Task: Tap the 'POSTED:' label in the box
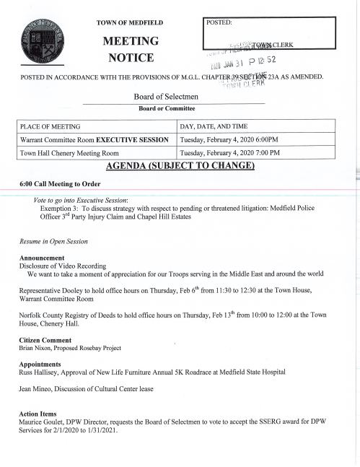(x=220, y=22)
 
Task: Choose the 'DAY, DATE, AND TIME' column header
(x=217, y=126)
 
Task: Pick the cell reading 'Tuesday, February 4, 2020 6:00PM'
(x=229, y=139)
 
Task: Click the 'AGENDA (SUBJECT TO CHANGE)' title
(x=180, y=166)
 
